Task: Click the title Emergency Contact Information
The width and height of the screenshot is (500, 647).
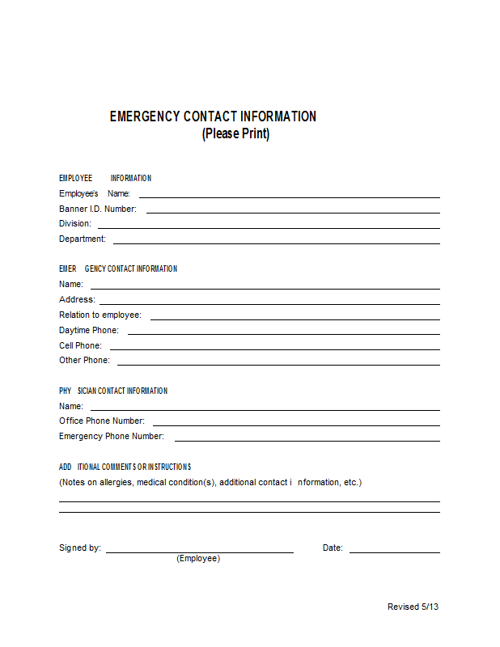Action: pos(213,116)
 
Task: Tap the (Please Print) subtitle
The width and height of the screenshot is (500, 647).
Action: pos(235,133)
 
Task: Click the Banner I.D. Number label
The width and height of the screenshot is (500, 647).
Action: pos(97,209)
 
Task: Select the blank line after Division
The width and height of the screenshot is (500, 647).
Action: pos(269,227)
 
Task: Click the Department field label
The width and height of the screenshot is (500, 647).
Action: pos(82,239)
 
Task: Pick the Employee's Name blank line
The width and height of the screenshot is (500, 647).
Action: pos(289,197)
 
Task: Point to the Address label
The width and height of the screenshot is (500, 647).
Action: pos(76,300)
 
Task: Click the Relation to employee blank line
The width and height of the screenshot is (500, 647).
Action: pos(294,319)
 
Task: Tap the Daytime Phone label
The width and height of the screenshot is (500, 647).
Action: pos(88,330)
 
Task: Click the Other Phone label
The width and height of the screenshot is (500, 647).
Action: pos(84,361)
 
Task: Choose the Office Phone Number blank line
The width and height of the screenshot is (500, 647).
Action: pos(296,425)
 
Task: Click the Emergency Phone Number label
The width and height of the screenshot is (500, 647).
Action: pos(111,437)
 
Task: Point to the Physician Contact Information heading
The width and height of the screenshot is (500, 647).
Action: pos(113,391)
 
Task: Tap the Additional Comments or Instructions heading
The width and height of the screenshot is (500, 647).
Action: pos(125,467)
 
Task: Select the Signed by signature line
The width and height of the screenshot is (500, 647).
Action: pos(199,552)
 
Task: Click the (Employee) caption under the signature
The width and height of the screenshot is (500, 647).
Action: pos(198,558)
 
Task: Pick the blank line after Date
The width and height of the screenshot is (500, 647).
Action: pos(394,552)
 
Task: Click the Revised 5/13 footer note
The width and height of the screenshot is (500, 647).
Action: pos(413,607)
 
